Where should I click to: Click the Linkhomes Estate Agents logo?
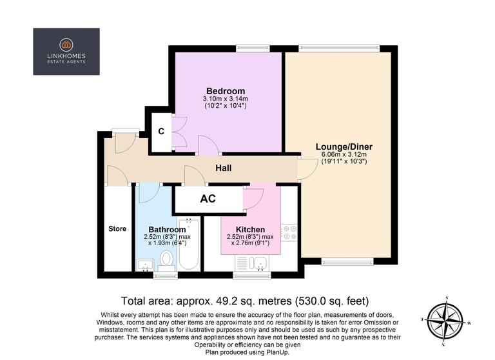click(x=66, y=52)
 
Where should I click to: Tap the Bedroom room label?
click(x=226, y=91)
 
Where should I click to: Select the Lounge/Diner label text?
click(x=344, y=146)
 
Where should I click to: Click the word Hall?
click(x=224, y=168)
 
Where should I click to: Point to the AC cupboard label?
click(x=208, y=199)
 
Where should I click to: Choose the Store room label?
click(x=117, y=228)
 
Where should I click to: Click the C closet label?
click(x=161, y=131)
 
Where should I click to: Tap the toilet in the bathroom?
click(x=166, y=261)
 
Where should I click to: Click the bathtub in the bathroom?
click(x=189, y=244)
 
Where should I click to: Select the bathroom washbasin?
click(x=145, y=265)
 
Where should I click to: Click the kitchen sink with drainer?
click(x=252, y=263)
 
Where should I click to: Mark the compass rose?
click(x=445, y=321)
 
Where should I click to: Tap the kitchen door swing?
click(x=253, y=199)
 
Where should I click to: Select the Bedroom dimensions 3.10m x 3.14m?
click(x=226, y=99)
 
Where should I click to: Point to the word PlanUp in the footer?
click(x=278, y=352)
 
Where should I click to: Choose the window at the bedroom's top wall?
click(x=253, y=48)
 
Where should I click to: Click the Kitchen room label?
click(x=250, y=230)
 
